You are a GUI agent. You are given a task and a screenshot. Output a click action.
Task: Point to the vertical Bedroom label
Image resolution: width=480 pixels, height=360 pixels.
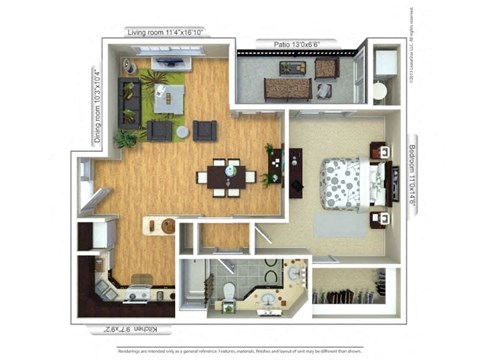click(413, 175)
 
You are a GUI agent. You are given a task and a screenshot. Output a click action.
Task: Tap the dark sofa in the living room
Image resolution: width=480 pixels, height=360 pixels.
click(128, 101)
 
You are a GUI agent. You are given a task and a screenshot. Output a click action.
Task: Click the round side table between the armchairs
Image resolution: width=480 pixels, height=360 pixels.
click(182, 131)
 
